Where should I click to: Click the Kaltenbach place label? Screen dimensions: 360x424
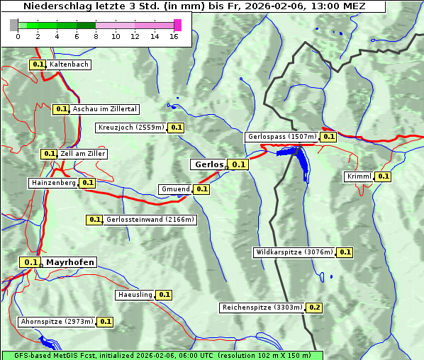(x=69, y=64)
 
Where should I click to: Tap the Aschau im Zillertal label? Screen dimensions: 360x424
(x=104, y=109)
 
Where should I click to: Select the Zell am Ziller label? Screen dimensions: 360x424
(x=83, y=154)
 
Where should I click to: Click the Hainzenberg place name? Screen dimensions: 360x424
(x=53, y=183)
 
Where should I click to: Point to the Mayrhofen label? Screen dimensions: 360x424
(x=69, y=262)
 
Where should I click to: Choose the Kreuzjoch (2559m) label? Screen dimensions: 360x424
(x=131, y=128)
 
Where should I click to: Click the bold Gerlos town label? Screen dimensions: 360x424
(x=208, y=164)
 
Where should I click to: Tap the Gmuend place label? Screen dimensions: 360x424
(x=175, y=189)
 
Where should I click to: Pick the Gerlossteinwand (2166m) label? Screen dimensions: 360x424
(x=150, y=220)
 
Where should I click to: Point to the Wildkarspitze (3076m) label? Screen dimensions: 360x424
(x=294, y=252)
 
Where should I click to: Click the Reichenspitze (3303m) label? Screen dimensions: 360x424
(x=262, y=308)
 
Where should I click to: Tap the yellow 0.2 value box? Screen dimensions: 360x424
(x=314, y=308)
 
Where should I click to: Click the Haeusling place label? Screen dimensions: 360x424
(x=135, y=294)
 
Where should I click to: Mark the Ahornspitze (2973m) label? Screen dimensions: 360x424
(x=57, y=322)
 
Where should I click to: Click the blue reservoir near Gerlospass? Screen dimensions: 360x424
(x=302, y=162)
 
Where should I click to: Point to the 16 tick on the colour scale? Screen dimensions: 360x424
(x=174, y=36)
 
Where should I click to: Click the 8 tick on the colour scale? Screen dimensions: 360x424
(x=96, y=36)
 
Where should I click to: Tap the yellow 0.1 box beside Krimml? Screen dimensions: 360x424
(x=384, y=176)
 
